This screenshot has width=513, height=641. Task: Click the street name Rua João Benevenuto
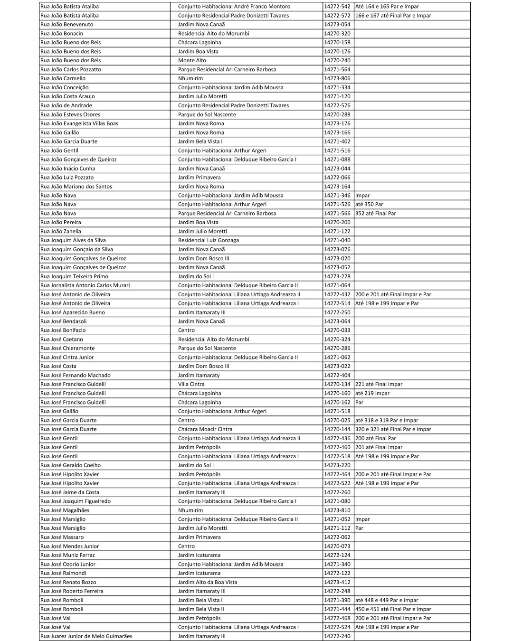66,25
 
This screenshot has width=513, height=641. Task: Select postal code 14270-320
337,34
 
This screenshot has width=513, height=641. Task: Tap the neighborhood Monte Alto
192,61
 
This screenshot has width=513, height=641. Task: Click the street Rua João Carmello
63,78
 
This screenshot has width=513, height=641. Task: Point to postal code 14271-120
337,96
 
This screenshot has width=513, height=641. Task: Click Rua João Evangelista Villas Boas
79,123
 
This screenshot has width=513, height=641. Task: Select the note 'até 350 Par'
369,205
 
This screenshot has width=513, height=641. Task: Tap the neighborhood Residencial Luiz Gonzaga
209,240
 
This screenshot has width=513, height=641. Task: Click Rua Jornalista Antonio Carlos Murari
85,285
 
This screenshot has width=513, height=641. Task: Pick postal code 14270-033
337,330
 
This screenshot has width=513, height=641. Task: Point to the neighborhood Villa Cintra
191,384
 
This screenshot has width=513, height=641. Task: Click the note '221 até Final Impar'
379,384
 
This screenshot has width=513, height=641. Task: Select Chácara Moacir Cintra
205,429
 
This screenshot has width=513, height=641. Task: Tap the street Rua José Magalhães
65,510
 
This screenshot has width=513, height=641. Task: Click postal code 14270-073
337,547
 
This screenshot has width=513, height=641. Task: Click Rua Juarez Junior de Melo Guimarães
86,636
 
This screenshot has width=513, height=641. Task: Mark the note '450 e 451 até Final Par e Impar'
393,609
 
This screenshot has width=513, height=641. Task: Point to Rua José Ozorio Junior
68,564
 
